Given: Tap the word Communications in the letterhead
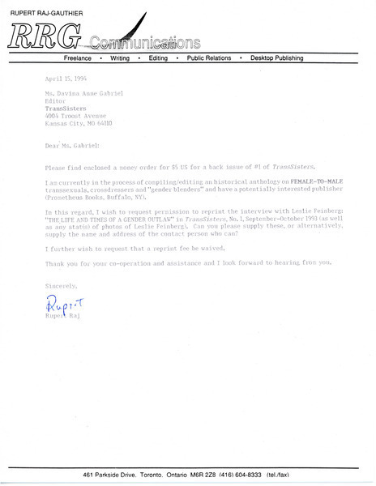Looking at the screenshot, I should (x=145, y=42).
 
